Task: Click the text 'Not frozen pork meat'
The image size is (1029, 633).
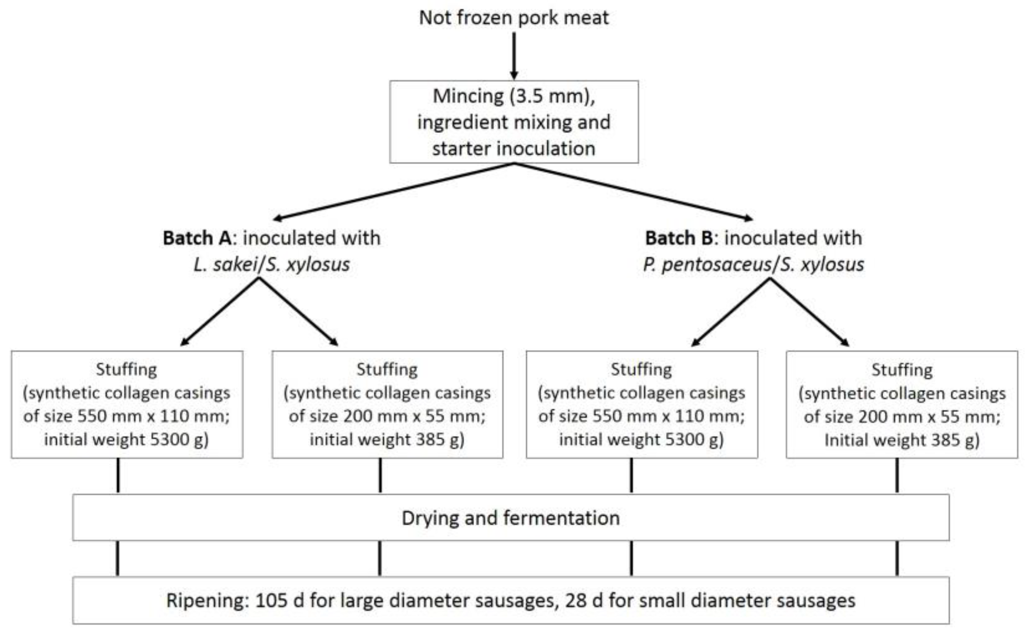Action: coord(513,18)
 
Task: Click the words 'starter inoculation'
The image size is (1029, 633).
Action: coord(513,149)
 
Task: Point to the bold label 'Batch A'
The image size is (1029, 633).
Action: coord(197,238)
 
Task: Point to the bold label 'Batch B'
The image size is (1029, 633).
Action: coord(679,238)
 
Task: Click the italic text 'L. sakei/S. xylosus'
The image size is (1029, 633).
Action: coord(272,265)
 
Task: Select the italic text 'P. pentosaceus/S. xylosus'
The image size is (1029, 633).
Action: coord(753,265)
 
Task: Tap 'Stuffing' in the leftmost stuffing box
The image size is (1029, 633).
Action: coord(126,369)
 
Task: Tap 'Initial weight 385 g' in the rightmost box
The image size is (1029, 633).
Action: coord(902,440)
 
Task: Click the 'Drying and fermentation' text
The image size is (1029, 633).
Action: coord(511,518)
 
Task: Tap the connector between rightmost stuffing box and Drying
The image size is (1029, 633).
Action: coord(897,476)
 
